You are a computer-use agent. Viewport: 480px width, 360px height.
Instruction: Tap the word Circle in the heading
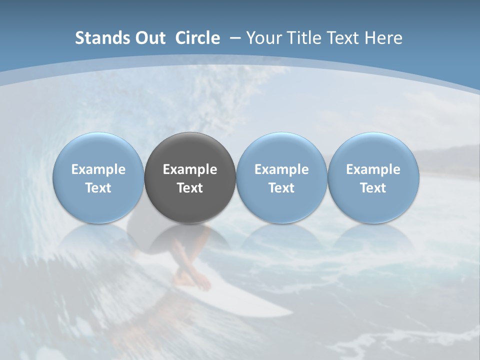coord(197,38)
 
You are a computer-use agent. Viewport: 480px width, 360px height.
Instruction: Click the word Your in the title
coord(263,38)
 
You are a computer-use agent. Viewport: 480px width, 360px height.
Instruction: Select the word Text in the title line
coord(342,38)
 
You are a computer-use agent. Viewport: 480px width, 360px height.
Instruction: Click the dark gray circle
coord(190,150)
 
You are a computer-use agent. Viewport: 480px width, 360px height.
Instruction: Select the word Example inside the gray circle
coord(190,169)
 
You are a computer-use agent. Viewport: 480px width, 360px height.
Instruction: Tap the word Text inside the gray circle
coord(190,188)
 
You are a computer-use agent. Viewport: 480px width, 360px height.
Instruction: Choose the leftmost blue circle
coord(98,150)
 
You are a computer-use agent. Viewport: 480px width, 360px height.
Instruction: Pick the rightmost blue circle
coord(373,150)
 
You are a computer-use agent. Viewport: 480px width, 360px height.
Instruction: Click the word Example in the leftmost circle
coord(98,169)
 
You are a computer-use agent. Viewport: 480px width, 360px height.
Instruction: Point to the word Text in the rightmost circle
coord(373,188)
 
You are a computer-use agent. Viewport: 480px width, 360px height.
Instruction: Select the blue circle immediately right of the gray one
coord(281,150)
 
